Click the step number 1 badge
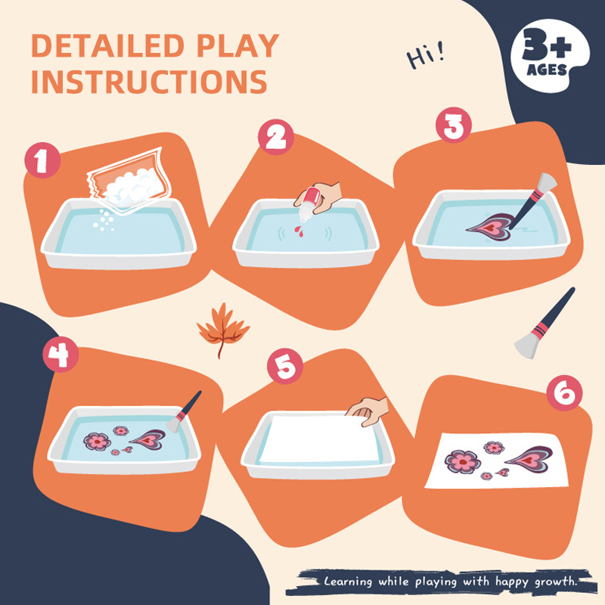(42, 160)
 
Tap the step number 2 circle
(276, 137)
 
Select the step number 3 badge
(454, 125)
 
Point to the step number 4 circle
(60, 354)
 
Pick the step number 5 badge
(285, 366)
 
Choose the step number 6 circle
(564, 392)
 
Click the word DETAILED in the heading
(107, 46)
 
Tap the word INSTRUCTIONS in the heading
(149, 82)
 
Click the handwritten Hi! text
(426, 56)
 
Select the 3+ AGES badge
(550, 54)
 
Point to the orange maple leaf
(222, 329)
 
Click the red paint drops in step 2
(299, 231)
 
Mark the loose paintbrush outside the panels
(544, 324)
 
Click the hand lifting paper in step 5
(368, 411)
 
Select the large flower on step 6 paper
(463, 461)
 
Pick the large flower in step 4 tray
(98, 441)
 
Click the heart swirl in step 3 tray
(490, 228)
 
